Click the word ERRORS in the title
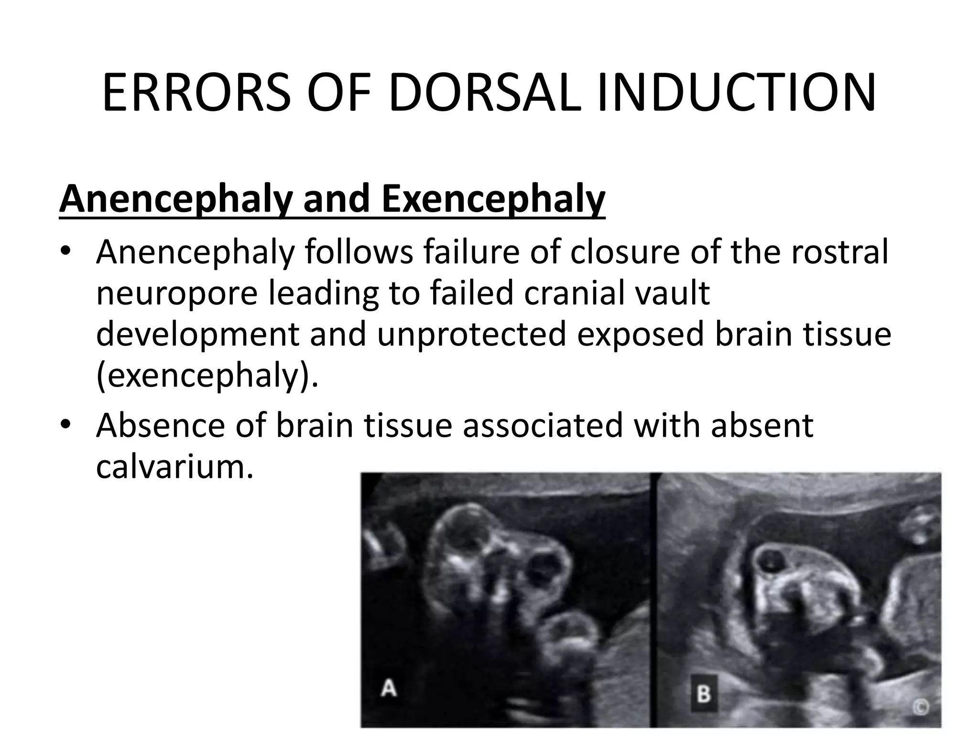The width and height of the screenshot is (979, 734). click(196, 93)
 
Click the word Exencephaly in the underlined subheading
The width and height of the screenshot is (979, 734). click(493, 199)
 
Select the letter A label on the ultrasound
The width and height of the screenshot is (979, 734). click(388, 689)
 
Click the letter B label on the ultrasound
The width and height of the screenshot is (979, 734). click(704, 693)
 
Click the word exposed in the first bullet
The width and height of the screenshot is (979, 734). click(641, 334)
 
